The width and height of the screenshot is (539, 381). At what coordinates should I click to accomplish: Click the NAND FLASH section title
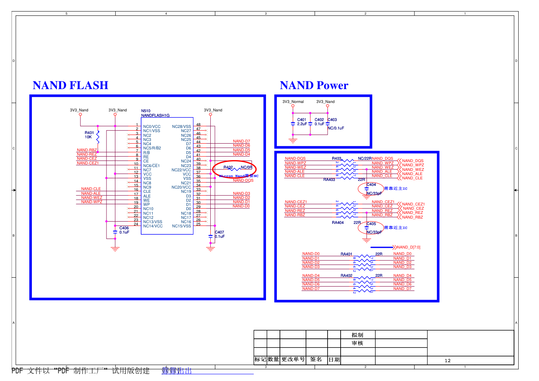click(x=70, y=85)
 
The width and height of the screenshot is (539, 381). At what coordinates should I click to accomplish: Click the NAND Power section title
click(x=314, y=85)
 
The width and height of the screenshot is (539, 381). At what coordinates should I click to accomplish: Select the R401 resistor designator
click(x=89, y=133)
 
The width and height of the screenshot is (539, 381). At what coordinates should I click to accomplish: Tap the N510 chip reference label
click(x=146, y=111)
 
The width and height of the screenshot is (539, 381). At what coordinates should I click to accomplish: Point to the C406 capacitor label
click(x=124, y=228)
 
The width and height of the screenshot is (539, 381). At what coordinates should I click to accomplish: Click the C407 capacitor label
click(x=220, y=232)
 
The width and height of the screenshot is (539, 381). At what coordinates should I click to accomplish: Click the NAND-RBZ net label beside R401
click(x=87, y=150)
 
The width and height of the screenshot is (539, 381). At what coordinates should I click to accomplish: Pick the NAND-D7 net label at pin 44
click(x=241, y=141)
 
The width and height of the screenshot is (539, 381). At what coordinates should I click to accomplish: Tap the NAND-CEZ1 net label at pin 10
click(x=88, y=163)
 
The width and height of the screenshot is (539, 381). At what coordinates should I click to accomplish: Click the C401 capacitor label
click(x=302, y=120)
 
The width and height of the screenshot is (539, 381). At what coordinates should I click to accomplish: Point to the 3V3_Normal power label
click(x=293, y=102)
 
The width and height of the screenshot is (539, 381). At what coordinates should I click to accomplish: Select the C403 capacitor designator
click(x=332, y=120)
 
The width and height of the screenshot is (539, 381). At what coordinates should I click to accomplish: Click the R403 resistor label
click(x=336, y=159)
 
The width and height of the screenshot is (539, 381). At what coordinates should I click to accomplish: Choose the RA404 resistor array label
click(x=338, y=223)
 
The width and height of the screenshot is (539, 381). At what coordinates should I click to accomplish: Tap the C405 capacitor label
click(x=371, y=224)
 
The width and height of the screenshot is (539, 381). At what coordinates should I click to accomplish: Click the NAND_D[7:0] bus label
click(x=409, y=247)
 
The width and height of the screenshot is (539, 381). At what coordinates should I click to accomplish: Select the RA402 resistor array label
click(x=346, y=276)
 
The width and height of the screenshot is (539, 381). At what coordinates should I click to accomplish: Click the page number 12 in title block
click(x=448, y=361)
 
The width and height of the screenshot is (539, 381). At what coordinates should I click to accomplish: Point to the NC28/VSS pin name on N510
click(x=181, y=126)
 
